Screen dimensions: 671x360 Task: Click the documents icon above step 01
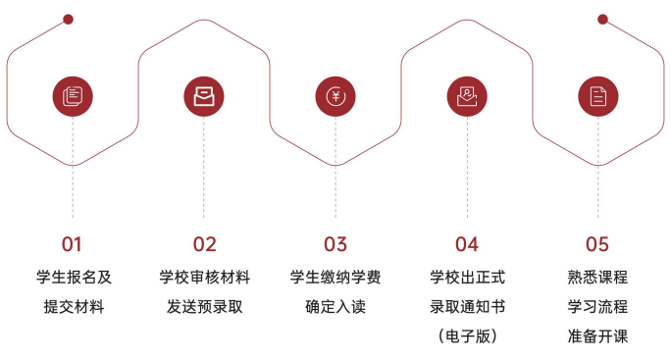click(73, 96)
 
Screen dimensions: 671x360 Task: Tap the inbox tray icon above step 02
click(204, 96)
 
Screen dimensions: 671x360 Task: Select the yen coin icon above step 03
click(335, 96)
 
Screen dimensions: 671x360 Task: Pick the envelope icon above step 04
click(467, 96)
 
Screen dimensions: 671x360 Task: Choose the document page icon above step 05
click(598, 96)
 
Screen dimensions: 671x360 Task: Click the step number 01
click(73, 244)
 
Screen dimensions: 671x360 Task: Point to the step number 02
click(204, 244)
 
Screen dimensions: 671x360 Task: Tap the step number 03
click(335, 244)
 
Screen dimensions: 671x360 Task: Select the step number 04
click(467, 244)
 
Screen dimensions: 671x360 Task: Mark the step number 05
click(597, 244)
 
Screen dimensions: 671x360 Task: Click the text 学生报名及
click(74, 278)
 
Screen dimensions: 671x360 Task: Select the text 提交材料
click(74, 307)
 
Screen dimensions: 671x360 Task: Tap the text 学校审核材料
click(204, 278)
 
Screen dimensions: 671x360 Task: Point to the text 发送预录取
click(204, 307)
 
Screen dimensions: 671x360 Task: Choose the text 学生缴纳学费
click(335, 278)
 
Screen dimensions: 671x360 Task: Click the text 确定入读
click(335, 307)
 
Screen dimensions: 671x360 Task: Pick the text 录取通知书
click(467, 307)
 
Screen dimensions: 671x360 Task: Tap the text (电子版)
click(467, 336)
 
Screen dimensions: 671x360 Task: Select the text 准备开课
click(597, 336)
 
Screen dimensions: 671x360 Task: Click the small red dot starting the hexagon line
click(68, 19)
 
